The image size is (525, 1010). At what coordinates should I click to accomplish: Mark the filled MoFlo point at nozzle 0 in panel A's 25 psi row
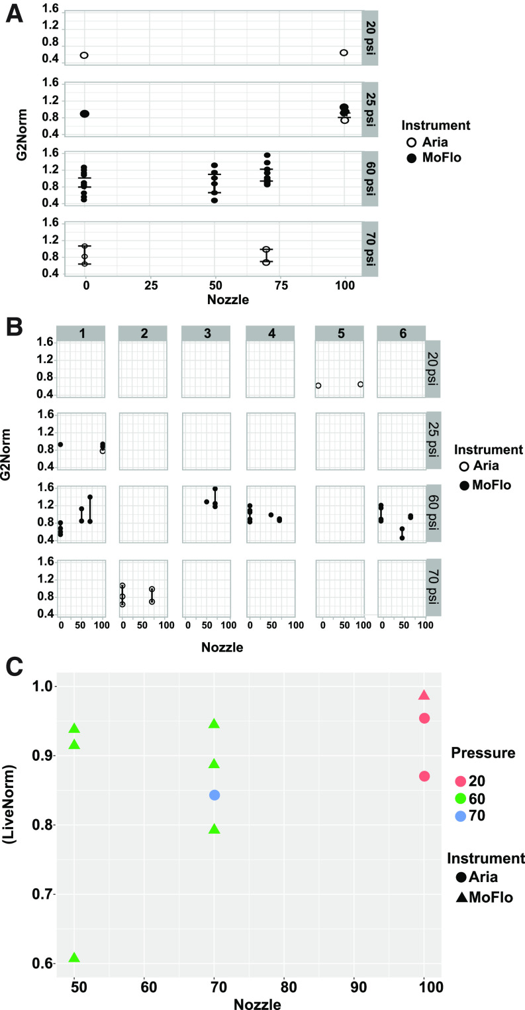[85, 114]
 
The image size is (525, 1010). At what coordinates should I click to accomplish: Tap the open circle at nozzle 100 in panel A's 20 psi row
[344, 52]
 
